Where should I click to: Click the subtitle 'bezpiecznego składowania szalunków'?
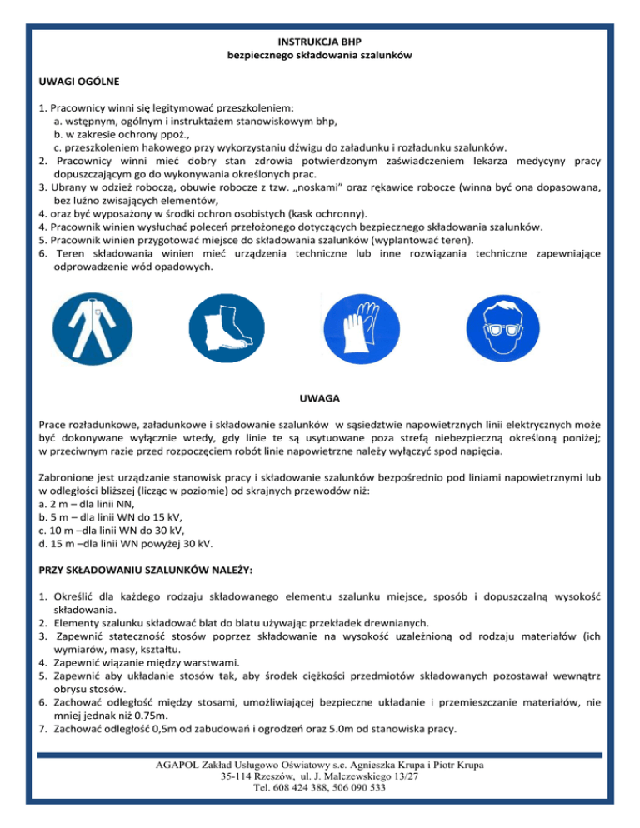pyautogui.click(x=321, y=55)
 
